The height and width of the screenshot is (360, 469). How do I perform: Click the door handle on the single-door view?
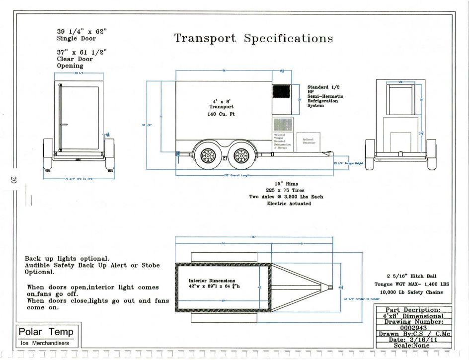pyautogui.click(x=64, y=124)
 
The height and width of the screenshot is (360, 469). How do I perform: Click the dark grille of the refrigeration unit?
pyautogui.click(x=281, y=91)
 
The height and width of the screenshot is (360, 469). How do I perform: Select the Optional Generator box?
pyautogui.click(x=309, y=141)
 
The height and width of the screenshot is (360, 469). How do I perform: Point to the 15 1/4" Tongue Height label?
pyautogui.click(x=352, y=163)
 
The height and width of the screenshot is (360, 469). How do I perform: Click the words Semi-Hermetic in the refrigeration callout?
pyautogui.click(x=325, y=96)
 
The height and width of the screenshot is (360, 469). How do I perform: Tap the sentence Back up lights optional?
pyautogui.click(x=67, y=259)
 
